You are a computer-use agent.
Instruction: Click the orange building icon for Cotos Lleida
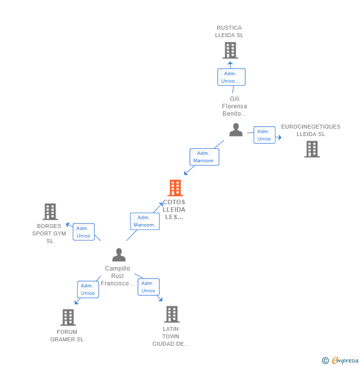tap(175, 188)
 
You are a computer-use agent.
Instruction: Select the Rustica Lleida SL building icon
tap(230, 50)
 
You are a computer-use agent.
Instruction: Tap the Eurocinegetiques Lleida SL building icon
tap(312, 149)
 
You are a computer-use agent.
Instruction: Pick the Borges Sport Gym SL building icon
tap(50, 212)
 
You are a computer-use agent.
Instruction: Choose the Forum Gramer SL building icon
tap(68, 318)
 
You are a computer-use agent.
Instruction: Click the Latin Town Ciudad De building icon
tap(171, 314)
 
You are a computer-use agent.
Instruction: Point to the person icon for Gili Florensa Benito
tap(236, 130)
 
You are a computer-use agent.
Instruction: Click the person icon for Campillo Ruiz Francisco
tap(119, 255)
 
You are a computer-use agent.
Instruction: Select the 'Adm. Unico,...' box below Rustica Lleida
tap(231, 77)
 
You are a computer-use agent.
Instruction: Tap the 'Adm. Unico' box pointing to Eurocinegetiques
tap(264, 135)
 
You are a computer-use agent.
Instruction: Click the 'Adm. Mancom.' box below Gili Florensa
tap(204, 157)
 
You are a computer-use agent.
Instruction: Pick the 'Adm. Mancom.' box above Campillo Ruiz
tap(144, 221)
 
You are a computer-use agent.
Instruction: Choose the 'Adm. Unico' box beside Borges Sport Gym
tap(83, 232)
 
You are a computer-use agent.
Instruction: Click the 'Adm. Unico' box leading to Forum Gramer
tap(88, 289)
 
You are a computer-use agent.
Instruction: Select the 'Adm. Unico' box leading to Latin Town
tap(148, 287)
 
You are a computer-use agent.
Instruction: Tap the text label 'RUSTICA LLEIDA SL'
tap(229, 32)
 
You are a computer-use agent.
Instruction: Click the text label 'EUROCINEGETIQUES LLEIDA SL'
tap(311, 130)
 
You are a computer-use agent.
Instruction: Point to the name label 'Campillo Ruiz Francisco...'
tap(118, 276)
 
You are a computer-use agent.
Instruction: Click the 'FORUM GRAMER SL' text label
tap(67, 336)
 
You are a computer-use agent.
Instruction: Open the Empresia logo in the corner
tap(340, 361)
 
